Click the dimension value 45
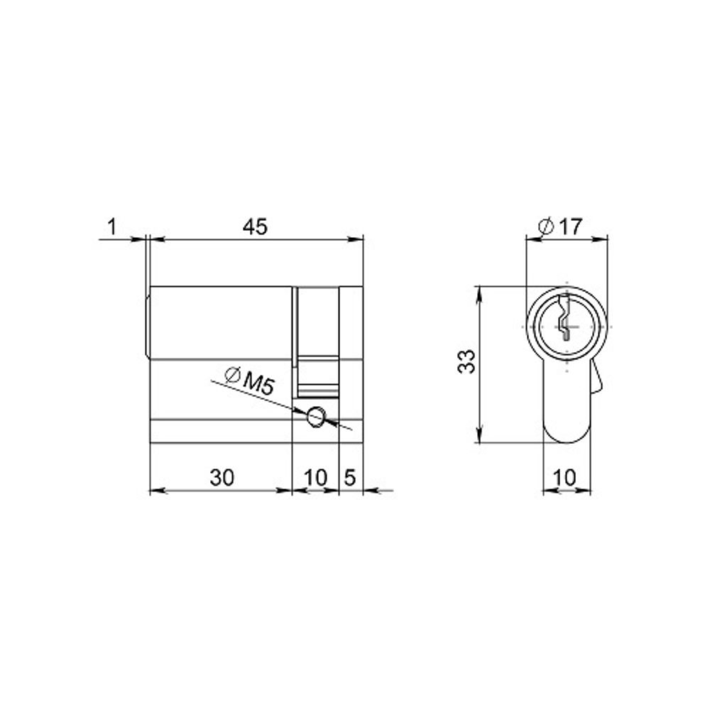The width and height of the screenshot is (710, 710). (x=256, y=226)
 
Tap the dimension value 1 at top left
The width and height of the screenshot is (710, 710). (x=112, y=226)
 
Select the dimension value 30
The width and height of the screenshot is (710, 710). (x=222, y=477)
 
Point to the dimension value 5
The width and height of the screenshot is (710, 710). (x=351, y=477)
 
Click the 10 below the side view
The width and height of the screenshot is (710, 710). (x=316, y=477)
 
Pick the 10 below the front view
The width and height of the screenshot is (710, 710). (x=564, y=477)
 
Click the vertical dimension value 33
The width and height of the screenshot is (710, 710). (x=466, y=361)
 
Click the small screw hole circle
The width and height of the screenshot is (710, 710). (x=316, y=416)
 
